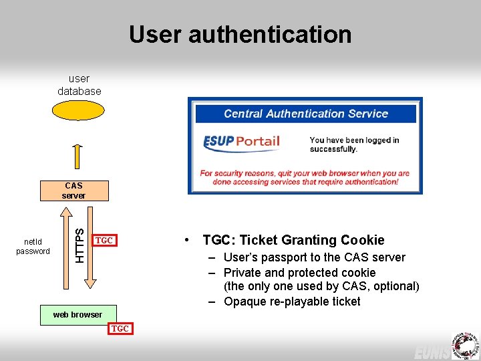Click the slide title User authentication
pos(240,34)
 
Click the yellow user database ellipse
pos(79,110)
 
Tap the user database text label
pos(79,85)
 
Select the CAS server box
pos(73,191)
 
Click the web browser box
pos(77,315)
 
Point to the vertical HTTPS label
pos(79,245)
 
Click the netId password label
pos(33,246)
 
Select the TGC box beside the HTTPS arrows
pos(104,241)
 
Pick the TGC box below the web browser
pos(120,328)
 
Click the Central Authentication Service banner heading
pos(305,114)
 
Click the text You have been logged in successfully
pos(354,144)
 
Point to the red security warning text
pos(305,177)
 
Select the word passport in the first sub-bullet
pos(283,257)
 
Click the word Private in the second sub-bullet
pos(243,273)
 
